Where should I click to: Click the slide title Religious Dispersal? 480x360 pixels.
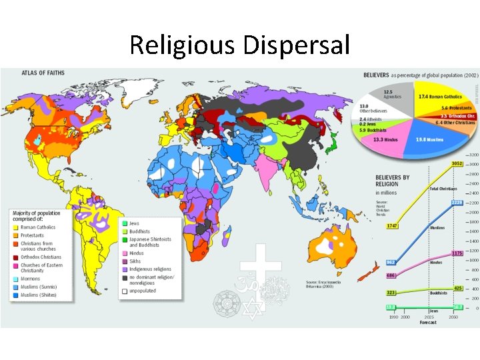coord(239,45)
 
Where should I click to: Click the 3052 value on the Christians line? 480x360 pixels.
coord(456,164)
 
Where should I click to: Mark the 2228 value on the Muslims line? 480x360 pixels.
coord(457,203)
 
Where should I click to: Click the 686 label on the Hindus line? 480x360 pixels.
coord(391,275)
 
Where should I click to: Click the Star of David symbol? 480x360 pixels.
coord(251,309)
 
